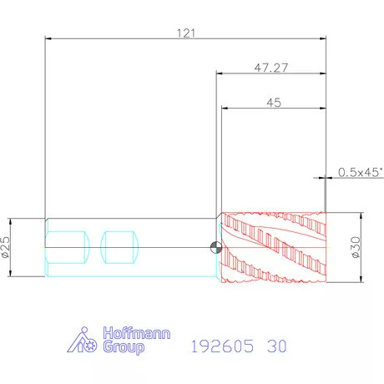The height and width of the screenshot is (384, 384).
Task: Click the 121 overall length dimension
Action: click(186, 33)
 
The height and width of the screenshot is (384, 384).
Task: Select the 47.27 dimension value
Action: click(271, 68)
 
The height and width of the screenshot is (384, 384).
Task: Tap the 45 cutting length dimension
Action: click(274, 103)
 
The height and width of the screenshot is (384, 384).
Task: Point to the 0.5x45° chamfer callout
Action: click(361, 172)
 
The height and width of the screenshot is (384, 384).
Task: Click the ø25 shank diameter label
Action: click(6, 247)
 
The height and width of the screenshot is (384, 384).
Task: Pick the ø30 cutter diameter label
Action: click(356, 247)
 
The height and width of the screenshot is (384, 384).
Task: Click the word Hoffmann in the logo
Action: click(137, 333)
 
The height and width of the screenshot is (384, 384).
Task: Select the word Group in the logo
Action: click(124, 347)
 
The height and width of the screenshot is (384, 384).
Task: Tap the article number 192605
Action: click(222, 346)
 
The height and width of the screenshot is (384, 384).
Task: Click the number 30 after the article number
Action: click(277, 346)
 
